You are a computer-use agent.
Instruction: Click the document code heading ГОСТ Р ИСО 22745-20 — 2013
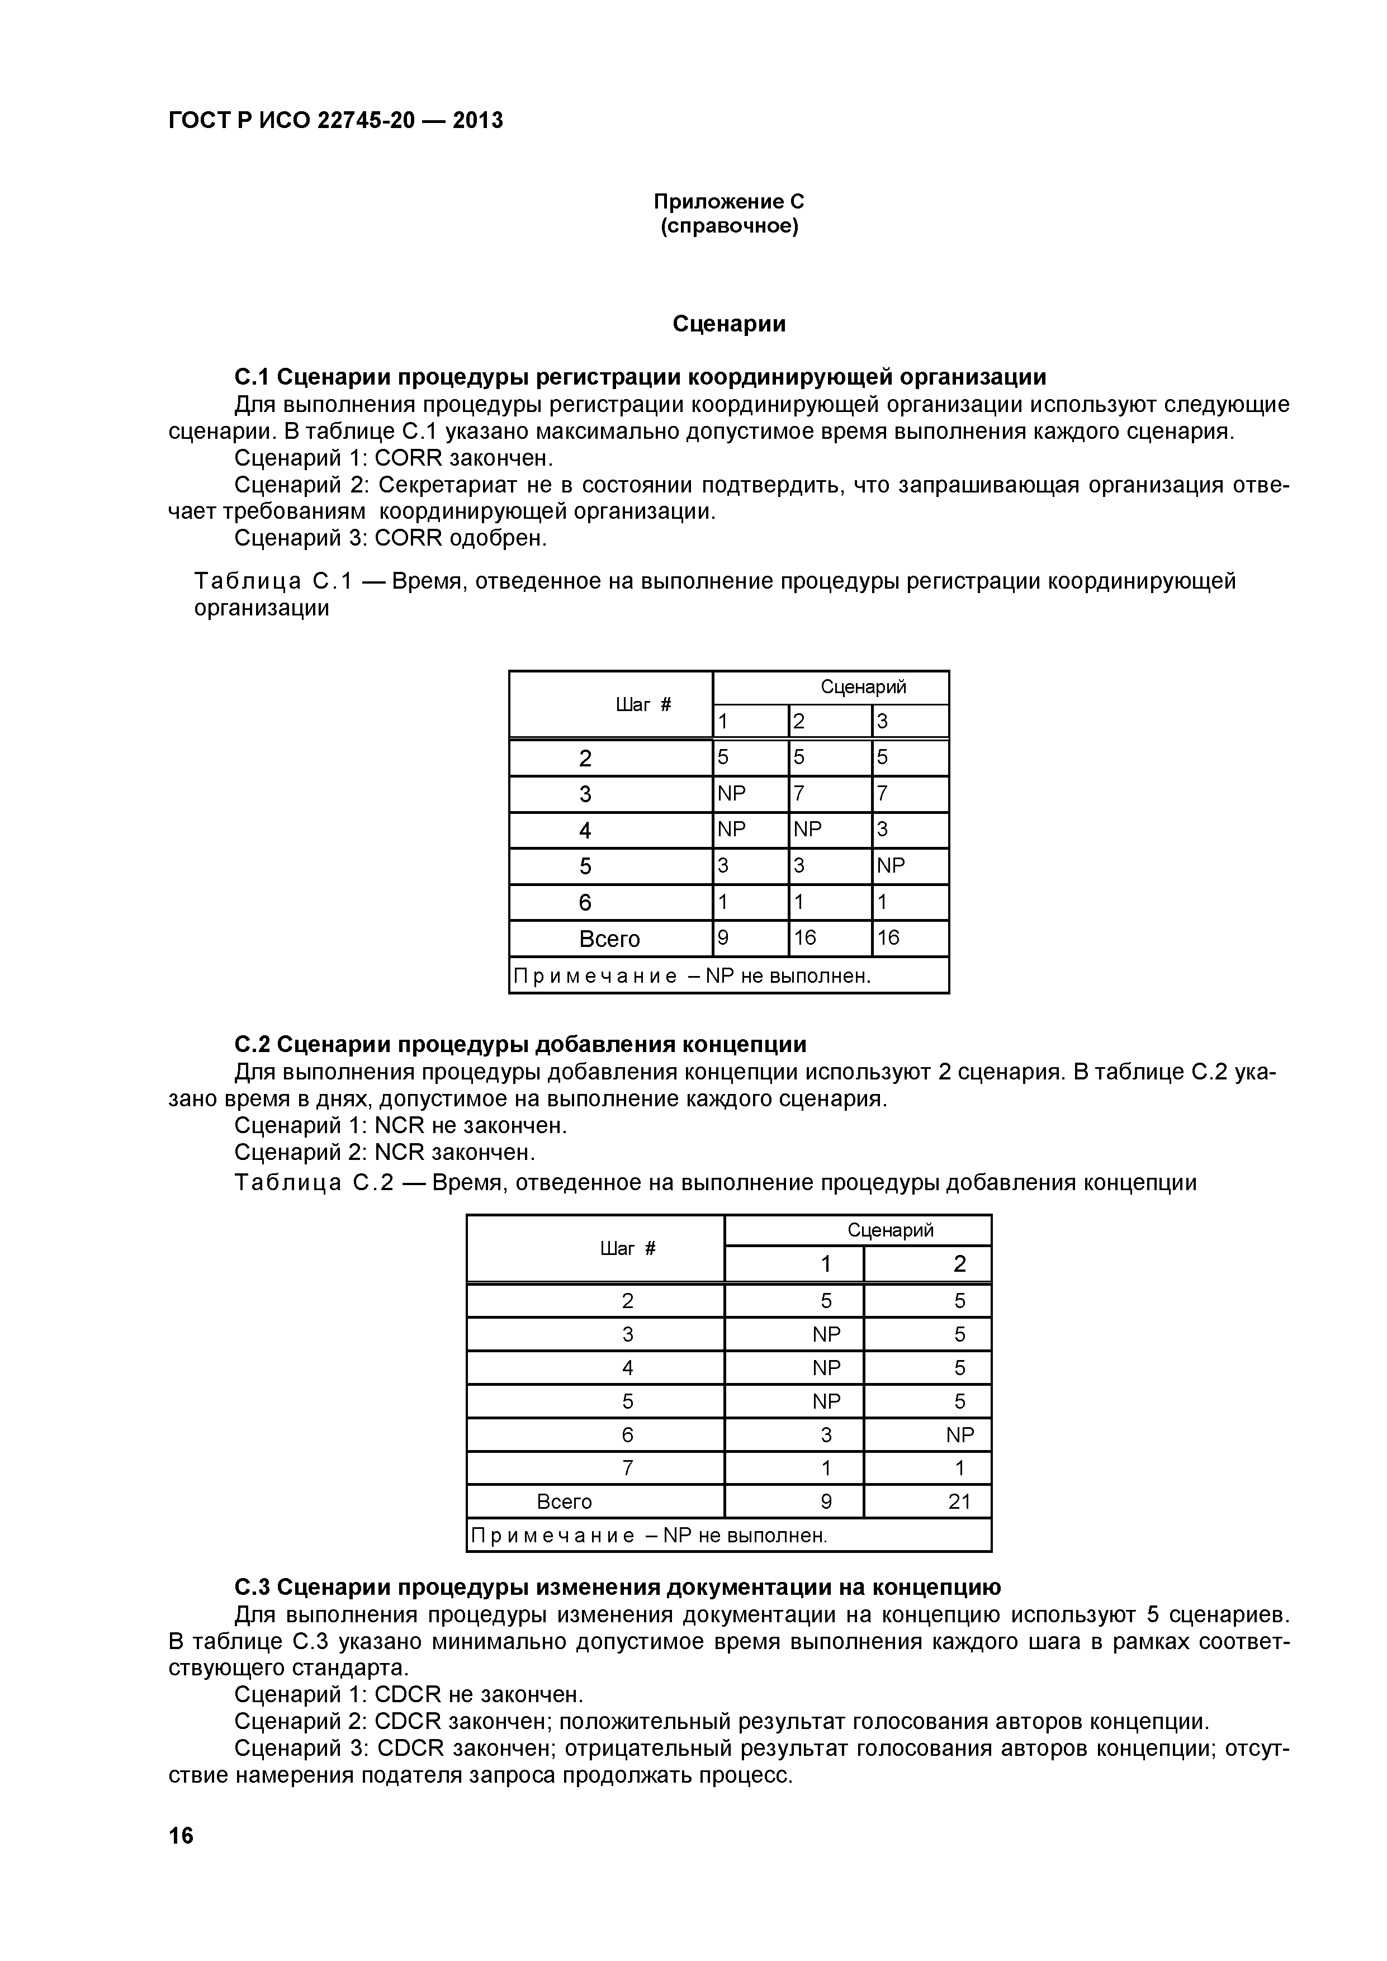click(x=335, y=120)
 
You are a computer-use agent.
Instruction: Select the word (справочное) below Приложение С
click(x=728, y=226)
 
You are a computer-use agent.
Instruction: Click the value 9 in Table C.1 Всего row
click(x=723, y=938)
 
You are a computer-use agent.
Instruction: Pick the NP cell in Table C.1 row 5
click(x=891, y=866)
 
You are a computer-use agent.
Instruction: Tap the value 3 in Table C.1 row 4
click(x=883, y=830)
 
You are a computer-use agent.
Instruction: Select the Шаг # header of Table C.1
click(x=643, y=704)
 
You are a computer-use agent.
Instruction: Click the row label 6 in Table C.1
click(x=585, y=903)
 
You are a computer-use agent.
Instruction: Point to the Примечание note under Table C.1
click(x=690, y=975)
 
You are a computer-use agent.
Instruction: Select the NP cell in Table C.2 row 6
click(x=959, y=1435)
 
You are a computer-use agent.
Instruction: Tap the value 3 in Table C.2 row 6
click(x=826, y=1435)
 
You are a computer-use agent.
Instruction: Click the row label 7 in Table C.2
click(x=628, y=1468)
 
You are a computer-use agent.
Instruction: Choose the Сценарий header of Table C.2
click(x=890, y=1230)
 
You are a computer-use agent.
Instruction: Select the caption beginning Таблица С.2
click(x=716, y=1182)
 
